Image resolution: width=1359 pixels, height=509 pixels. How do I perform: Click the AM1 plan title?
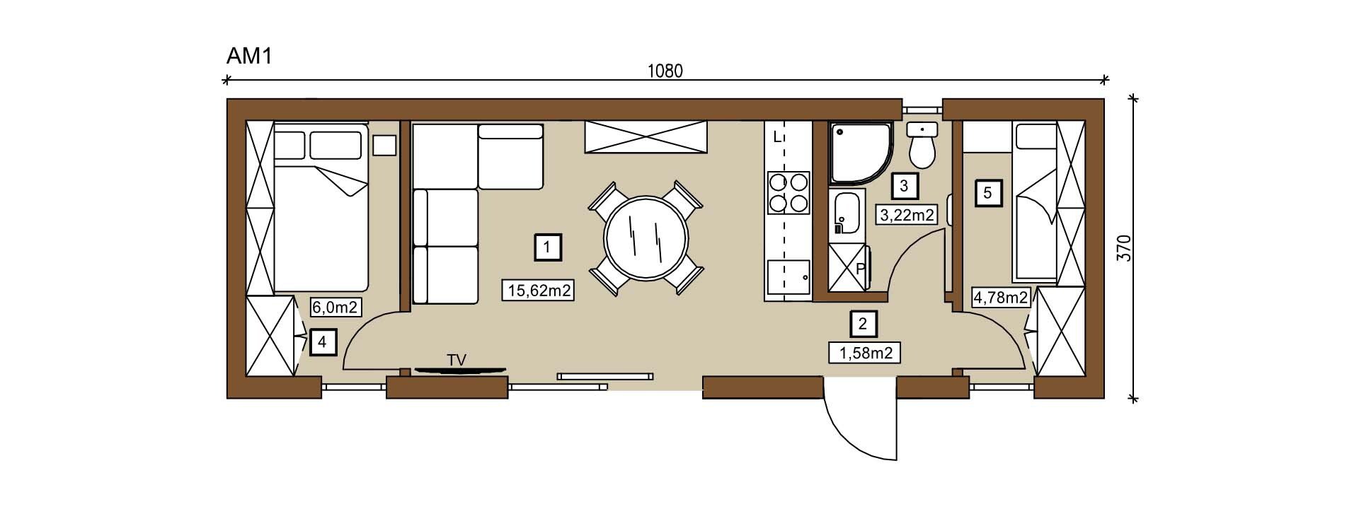coord(249,57)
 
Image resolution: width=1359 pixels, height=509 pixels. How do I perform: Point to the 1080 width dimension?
coord(665,71)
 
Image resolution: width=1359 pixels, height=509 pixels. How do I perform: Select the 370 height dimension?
coord(1124,248)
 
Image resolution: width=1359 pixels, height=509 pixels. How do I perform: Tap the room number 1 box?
coord(548,247)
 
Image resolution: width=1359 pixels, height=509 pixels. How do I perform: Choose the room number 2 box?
coord(863,324)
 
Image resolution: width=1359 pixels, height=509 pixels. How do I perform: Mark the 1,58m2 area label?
coord(865,352)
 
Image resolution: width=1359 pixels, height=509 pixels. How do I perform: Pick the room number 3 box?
coord(904,186)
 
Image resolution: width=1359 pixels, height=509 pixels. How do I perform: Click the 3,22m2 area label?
coord(907,214)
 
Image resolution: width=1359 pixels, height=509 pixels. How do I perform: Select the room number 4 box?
coord(322,343)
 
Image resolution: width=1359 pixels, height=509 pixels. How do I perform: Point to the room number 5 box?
coord(988,192)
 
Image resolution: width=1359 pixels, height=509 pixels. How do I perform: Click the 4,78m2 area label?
coord(1001,298)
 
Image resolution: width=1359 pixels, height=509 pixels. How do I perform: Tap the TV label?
coord(457,360)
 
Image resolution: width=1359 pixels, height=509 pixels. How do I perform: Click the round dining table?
coord(646,238)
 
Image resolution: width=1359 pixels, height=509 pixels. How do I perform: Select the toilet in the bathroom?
coord(922,143)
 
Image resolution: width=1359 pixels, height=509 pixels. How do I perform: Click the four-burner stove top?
coord(789,193)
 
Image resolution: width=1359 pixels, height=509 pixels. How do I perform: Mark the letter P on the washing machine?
coord(861,269)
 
